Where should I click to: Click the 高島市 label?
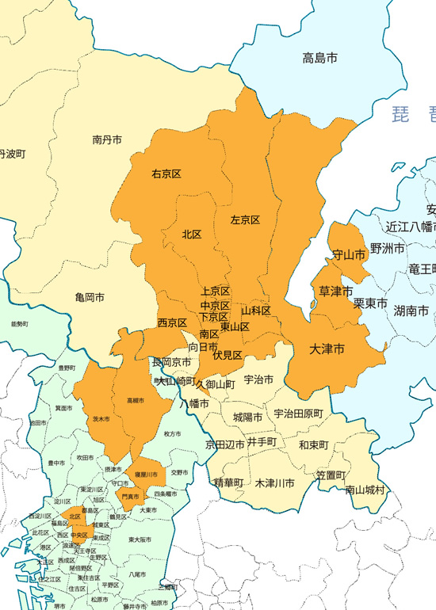320,58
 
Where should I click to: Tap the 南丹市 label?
107,139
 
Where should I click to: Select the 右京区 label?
167,173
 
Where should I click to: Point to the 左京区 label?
245,219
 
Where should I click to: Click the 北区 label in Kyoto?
192,234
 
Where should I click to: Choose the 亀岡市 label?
90,297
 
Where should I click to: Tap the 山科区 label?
256,310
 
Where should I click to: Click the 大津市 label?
327,349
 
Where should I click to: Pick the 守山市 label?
349,255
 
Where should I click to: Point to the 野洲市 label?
388,249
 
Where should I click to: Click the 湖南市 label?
411,311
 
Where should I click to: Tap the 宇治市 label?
258,380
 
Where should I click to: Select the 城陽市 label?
248,417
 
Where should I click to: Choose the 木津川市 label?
275,482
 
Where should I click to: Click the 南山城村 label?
365,490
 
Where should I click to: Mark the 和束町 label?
314,445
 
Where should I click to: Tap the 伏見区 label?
228,356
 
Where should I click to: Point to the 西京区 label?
172,323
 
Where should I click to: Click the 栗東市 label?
370,303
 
